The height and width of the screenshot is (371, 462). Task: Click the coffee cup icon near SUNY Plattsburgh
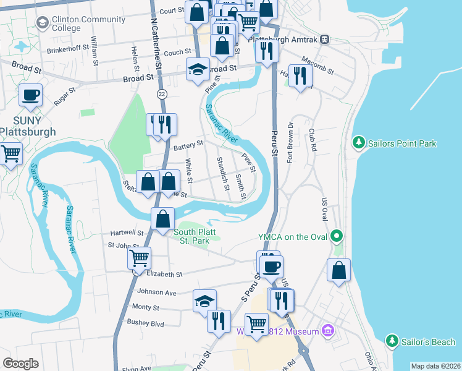(x=30, y=95)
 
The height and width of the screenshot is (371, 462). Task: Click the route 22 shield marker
(x=162, y=93)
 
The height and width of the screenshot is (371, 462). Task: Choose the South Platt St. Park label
(x=196, y=236)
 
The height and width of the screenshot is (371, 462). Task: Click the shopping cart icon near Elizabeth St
(x=140, y=257)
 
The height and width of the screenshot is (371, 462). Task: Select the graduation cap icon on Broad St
(x=198, y=69)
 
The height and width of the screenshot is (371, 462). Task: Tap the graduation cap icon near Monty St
(x=204, y=301)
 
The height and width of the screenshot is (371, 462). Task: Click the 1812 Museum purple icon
(x=328, y=331)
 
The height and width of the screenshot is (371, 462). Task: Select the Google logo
(x=20, y=364)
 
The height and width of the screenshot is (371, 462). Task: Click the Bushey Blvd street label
(x=145, y=323)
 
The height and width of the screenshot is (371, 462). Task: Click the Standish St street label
(x=222, y=174)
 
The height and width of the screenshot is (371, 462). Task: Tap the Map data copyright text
(x=435, y=366)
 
